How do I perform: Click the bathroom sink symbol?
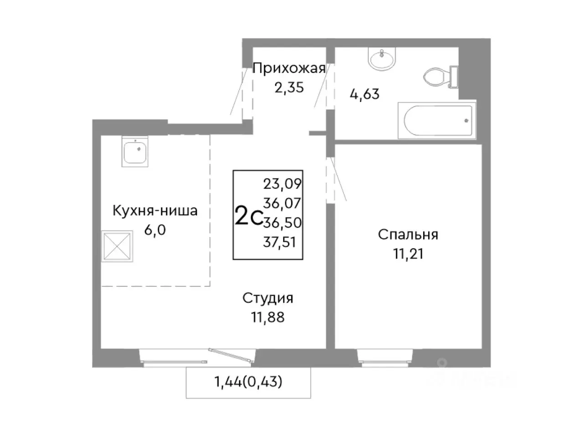(383, 60)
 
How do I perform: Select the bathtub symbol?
(436, 120)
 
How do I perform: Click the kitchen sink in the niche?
(135, 152)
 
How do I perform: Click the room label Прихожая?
(289, 69)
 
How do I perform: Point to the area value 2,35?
(289, 86)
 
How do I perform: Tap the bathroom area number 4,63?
(364, 94)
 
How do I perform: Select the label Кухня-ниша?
(155, 211)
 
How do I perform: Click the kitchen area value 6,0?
(155, 229)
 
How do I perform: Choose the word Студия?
(268, 298)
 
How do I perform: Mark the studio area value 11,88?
(268, 316)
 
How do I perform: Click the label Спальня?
(408, 235)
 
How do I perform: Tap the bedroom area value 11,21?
(408, 253)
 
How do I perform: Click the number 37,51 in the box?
(280, 242)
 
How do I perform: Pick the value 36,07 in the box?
(282, 203)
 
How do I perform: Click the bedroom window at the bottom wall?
(385, 357)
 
